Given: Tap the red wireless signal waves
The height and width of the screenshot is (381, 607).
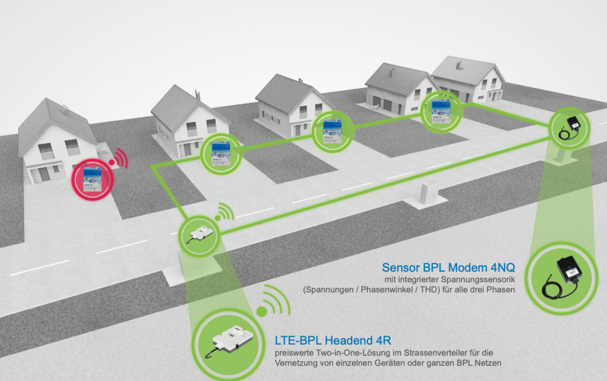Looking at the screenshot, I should (x=120, y=158).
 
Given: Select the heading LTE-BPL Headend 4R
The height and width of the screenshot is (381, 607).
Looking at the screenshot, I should (x=333, y=340).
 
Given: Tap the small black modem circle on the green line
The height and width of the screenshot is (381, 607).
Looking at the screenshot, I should (x=570, y=127).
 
